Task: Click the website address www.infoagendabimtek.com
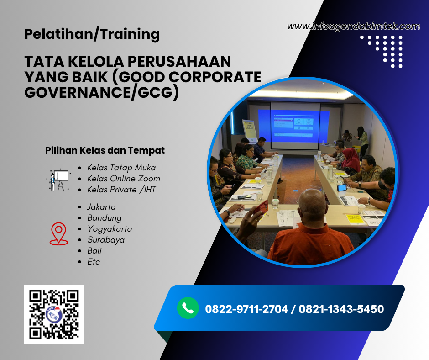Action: tap(353, 26)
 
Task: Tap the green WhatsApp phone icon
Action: tap(188, 308)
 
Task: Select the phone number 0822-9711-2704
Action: tap(246, 309)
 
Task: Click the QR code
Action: tap(54, 314)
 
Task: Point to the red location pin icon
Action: tap(58, 234)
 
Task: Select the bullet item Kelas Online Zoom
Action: tap(123, 179)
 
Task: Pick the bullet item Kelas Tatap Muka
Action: tap(121, 168)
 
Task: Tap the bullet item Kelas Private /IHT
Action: tap(121, 190)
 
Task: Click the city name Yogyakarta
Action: tap(110, 229)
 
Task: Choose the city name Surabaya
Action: tap(106, 240)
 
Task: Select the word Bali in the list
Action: tap(94, 251)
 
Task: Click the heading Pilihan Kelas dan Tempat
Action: tap(105, 150)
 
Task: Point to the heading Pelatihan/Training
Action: tap(92, 34)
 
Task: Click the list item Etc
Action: tap(94, 262)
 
